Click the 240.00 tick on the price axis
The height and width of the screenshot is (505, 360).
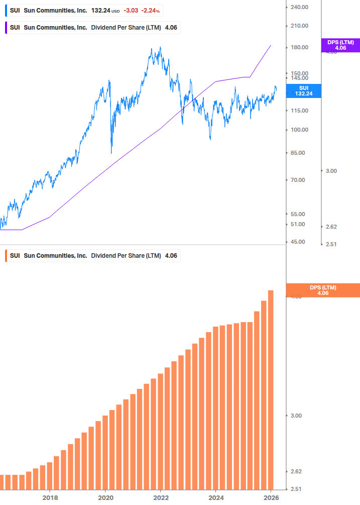[299, 7]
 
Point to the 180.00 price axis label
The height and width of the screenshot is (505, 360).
[299, 47]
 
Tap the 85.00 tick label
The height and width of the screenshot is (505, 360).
[298, 153]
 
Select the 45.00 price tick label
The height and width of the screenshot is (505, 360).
[298, 242]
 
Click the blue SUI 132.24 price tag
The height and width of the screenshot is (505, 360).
[303, 91]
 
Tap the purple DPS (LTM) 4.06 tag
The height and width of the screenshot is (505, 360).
[340, 45]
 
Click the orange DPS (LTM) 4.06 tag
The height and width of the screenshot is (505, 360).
[322, 290]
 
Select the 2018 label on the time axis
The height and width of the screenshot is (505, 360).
[50, 498]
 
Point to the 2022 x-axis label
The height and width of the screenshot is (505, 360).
[161, 498]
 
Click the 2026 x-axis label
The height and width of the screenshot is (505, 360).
[271, 498]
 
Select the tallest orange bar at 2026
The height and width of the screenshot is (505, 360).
[271, 389]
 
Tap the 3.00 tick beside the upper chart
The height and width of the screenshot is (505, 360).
[331, 171]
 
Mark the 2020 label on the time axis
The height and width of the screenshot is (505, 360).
[105, 498]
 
